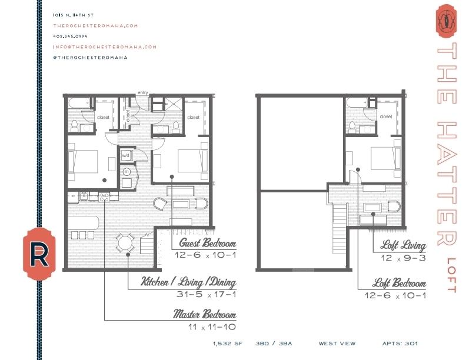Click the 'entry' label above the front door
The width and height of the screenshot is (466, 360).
(142, 92)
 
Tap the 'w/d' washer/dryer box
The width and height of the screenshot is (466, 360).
(125, 155)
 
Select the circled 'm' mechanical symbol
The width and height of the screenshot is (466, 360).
(126, 171)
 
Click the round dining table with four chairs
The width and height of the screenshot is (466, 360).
(125, 242)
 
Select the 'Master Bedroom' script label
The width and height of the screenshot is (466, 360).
(205, 314)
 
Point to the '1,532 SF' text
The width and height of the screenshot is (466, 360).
(227, 343)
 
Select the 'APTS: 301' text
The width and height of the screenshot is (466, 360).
(400, 343)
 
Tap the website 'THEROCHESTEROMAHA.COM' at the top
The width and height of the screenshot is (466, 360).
(95, 26)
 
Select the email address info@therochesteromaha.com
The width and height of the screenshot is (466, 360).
(105, 47)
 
